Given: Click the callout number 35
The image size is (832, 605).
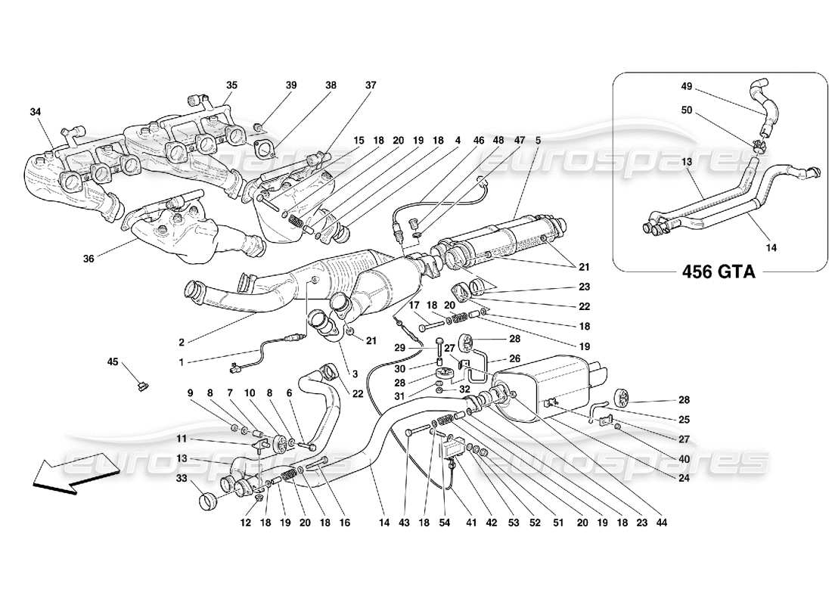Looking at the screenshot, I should (x=231, y=85).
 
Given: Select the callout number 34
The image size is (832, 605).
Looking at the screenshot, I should (x=36, y=113).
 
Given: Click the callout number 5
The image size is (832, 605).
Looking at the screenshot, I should (x=538, y=140).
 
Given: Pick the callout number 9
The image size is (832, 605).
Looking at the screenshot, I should (x=192, y=392).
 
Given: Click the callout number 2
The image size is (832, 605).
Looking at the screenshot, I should (x=181, y=341).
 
